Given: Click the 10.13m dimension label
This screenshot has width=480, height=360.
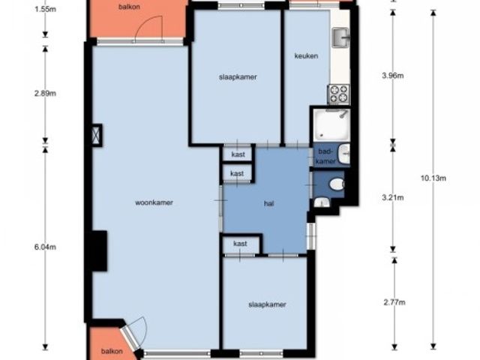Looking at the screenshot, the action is tap(433, 178).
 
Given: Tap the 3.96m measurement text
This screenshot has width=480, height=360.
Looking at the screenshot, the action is tap(393, 75).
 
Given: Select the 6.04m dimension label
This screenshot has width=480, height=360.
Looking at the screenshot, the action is tap(45, 247).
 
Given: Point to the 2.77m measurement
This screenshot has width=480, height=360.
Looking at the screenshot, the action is tap(394, 302).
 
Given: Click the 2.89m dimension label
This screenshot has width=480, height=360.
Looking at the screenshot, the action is tap(45, 93).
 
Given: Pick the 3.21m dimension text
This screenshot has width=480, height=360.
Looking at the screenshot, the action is tap(393, 198).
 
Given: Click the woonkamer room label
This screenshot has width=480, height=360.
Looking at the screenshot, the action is tap(154, 202).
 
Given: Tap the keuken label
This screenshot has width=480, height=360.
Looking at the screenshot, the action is tap(306, 56).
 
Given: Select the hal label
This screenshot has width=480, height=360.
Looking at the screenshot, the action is tap(268, 203).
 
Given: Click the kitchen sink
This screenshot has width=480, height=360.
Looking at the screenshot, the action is tap(340, 38).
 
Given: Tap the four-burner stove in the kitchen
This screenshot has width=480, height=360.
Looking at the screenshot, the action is tap(338, 94).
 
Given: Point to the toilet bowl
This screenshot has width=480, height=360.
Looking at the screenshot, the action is tap(337, 184).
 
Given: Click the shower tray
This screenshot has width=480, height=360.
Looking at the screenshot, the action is tap(331, 125).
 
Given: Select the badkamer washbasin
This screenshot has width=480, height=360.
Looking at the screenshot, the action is tap(344, 154).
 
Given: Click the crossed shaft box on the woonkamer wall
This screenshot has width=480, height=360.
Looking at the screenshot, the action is tap(97, 134).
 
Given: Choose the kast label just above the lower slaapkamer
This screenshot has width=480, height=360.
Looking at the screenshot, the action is tap(240, 244).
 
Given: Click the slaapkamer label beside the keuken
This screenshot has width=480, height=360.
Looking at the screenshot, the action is tap(238, 77).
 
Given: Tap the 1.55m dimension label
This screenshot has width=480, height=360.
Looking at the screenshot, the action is tap(45, 9).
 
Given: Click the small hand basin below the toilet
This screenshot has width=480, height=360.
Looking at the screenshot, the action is tap(322, 202).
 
